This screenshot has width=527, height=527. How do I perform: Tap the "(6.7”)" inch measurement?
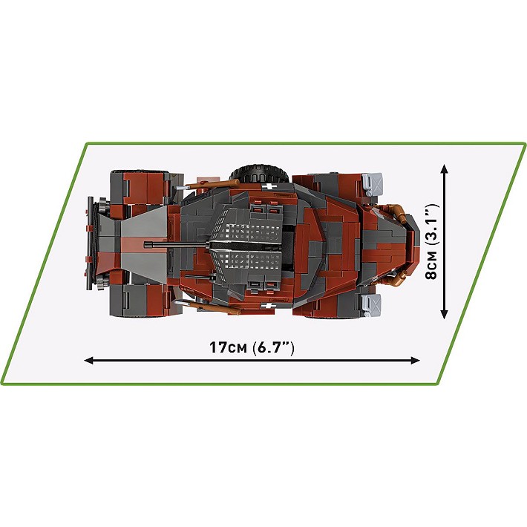click(x=273, y=347)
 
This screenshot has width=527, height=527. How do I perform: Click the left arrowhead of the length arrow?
click(x=88, y=361)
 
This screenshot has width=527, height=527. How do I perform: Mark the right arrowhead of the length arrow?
click(x=416, y=361)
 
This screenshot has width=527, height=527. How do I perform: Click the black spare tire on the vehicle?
click(x=259, y=173)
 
